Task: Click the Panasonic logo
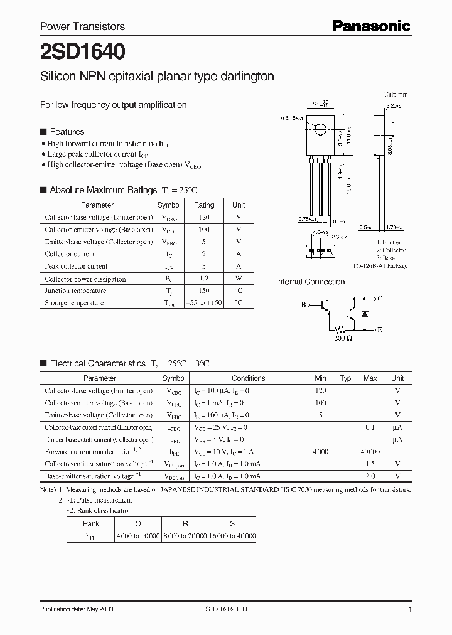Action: (371, 26)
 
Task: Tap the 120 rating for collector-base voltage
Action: (203, 217)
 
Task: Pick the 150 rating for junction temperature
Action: (203, 291)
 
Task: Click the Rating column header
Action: (203, 205)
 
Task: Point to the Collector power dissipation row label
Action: (85, 279)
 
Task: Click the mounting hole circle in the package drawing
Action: (320, 130)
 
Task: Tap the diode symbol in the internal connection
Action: (364, 312)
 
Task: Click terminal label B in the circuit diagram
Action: (304, 305)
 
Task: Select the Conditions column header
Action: (249, 378)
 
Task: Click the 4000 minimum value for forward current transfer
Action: (321, 452)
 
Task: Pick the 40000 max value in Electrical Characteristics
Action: (370, 452)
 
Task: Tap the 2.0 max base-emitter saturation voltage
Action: (370, 476)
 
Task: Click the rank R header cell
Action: (185, 524)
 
